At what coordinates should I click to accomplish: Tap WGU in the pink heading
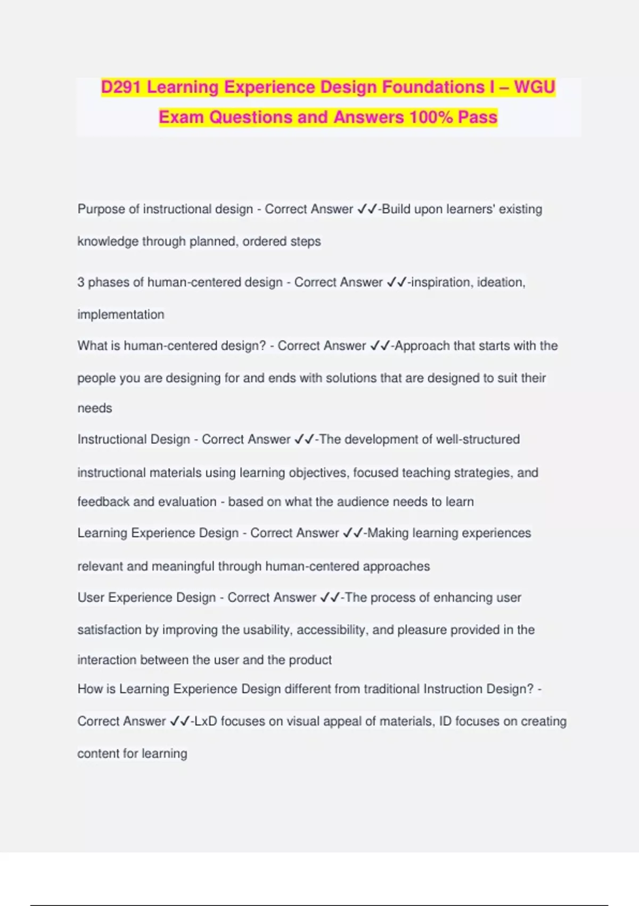[x=535, y=87]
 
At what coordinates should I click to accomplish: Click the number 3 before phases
[x=81, y=282]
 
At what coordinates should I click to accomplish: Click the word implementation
[x=121, y=314]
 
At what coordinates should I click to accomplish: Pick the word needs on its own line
[x=95, y=408]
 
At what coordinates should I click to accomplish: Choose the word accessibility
[x=330, y=629]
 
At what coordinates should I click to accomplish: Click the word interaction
[x=107, y=660]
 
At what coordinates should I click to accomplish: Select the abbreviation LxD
[x=206, y=721]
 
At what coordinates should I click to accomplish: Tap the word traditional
[x=391, y=689]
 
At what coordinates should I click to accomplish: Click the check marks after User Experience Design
[x=330, y=597]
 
